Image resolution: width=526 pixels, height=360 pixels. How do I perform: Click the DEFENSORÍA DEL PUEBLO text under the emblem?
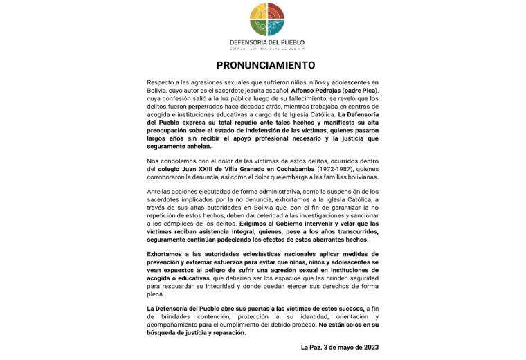point(266,42)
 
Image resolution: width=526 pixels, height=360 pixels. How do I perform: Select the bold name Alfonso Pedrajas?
point(311,93)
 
